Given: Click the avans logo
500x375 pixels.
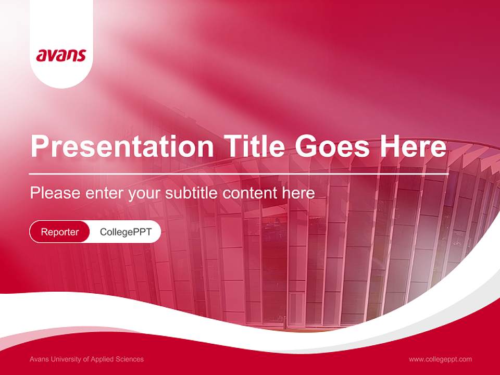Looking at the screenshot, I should (61, 55).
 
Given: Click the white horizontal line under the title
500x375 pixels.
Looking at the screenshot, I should (239, 173).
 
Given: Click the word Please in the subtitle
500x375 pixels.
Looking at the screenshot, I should (54, 193).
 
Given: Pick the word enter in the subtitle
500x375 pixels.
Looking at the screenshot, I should (103, 193).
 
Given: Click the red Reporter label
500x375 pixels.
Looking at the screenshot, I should (60, 232).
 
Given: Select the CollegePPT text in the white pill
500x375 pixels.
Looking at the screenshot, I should (126, 232).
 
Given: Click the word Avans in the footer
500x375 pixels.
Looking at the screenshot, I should (40, 359).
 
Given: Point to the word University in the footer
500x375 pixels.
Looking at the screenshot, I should (70, 359).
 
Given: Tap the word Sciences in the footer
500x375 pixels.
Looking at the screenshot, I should (130, 359).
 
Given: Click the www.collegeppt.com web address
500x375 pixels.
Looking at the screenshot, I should (440, 359).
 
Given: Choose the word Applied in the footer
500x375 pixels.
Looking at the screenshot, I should (105, 359).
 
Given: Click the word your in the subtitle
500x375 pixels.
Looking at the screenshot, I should (144, 194).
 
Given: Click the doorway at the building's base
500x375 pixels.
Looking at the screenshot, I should (296, 310).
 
